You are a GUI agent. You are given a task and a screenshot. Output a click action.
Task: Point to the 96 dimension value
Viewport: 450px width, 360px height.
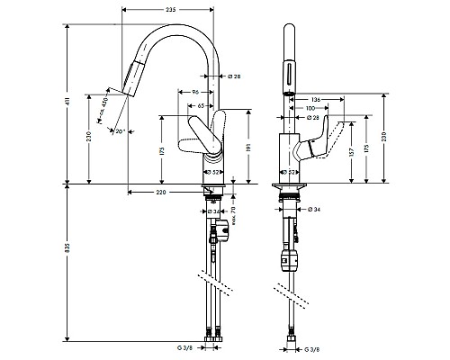(196, 93)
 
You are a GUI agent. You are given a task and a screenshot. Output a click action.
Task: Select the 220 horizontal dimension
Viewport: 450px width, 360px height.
(161, 193)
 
